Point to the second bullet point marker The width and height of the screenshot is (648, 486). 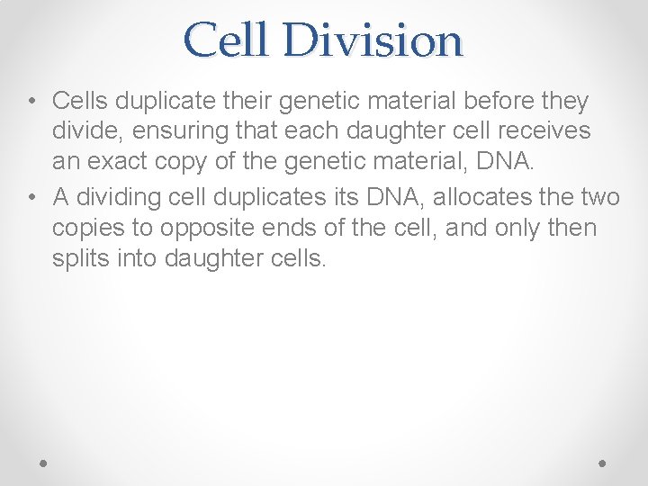tap(32, 196)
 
